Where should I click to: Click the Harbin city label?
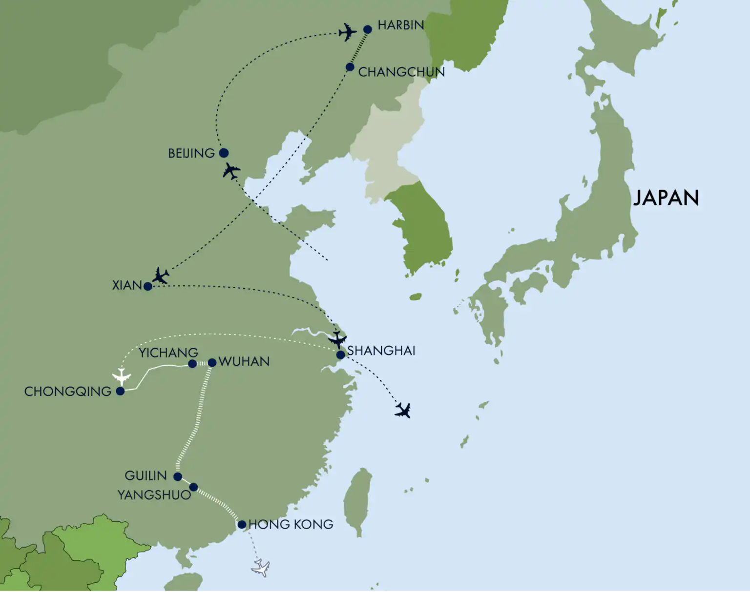click(x=400, y=25)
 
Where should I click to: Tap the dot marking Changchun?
click(x=350, y=67)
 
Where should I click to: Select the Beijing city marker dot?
click(x=224, y=153)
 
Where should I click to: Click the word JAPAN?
click(x=666, y=198)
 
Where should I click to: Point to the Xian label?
click(x=126, y=285)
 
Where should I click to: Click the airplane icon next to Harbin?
click(x=348, y=32)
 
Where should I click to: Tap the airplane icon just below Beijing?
click(x=231, y=171)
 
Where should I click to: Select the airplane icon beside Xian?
click(x=160, y=276)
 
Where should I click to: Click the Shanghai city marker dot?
click(x=340, y=355)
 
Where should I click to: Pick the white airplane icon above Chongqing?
click(x=122, y=376)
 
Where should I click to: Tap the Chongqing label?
click(x=68, y=392)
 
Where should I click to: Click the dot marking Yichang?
click(x=192, y=364)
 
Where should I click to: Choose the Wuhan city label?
click(x=244, y=362)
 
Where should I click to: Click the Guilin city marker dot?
click(x=178, y=476)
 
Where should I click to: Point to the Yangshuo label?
click(x=154, y=495)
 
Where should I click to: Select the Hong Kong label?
click(x=291, y=525)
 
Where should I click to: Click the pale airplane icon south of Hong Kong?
click(x=261, y=568)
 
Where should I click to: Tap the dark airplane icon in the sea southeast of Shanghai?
click(x=403, y=411)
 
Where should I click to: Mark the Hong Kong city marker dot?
click(x=242, y=525)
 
